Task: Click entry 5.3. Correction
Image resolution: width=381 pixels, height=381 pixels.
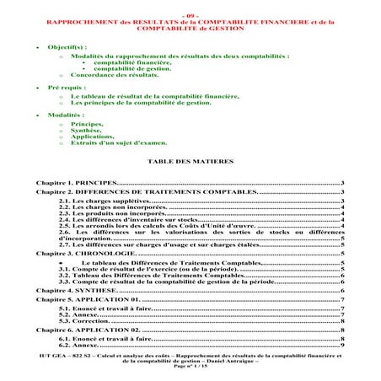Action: [84, 321]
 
